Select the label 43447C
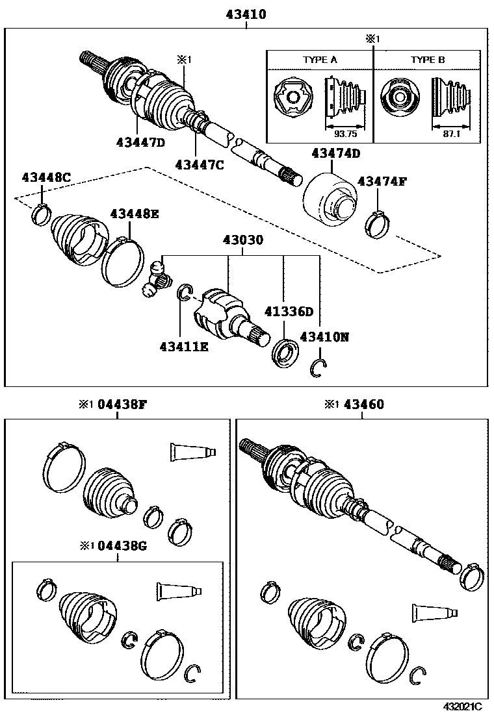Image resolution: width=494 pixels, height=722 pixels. pyautogui.click(x=199, y=165)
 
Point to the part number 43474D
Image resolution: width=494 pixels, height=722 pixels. pyautogui.click(x=335, y=154)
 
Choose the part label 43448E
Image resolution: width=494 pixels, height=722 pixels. pyautogui.click(x=134, y=214)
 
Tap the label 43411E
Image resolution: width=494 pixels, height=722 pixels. pyautogui.click(x=183, y=347)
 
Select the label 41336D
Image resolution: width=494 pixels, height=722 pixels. pyautogui.click(x=289, y=311)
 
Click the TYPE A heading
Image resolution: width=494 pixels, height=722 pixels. pyautogui.click(x=320, y=60)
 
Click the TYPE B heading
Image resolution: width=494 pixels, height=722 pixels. pyautogui.click(x=427, y=60)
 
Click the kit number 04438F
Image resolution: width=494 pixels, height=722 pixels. pyautogui.click(x=122, y=405)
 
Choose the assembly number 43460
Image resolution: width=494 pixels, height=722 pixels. pyautogui.click(x=363, y=405)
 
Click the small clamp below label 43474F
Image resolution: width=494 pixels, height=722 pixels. pyautogui.click(x=378, y=225)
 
